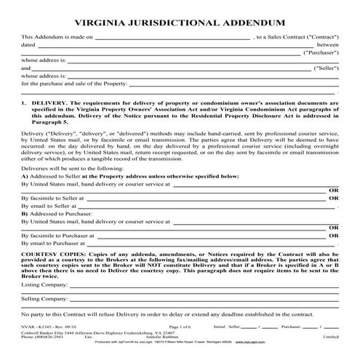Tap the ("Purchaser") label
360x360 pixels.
pyautogui.click(x=320, y=52)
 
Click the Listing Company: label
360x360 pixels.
pyautogui.click(x=44, y=287)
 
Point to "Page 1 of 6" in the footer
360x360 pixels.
pyautogui.click(x=180, y=329)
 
